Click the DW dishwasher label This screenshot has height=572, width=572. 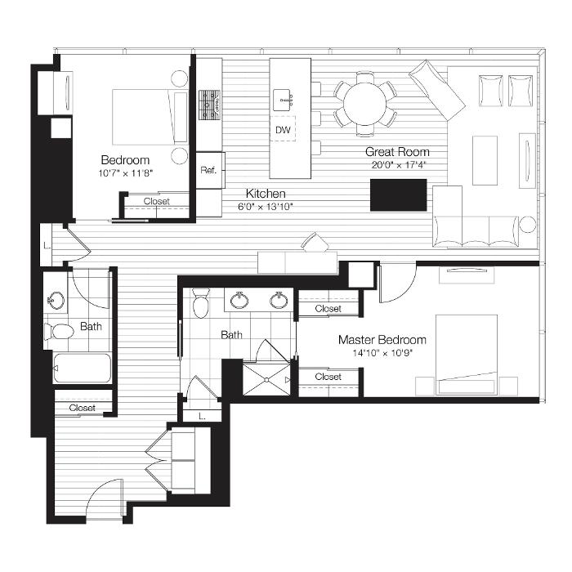pos(283,130)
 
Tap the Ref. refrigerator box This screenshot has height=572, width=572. pos(211,170)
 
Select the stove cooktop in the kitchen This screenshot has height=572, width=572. pos(210,105)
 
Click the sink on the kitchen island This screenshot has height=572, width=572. pos(283,99)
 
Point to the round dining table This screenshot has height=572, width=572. pos(364,104)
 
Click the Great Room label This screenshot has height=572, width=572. pos(397,152)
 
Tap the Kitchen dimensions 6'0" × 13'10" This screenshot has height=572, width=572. pos(266,207)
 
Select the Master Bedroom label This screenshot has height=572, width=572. pos(382,340)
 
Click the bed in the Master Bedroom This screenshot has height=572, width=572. pos(467,355)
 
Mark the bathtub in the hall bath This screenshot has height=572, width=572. pos(82,368)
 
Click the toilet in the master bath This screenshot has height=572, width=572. pos(201,303)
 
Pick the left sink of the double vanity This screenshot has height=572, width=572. pos(239,300)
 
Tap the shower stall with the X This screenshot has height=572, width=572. pos(267,379)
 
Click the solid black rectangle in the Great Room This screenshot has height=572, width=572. pos(399,194)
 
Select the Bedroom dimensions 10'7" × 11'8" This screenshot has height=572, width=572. pos(125,173)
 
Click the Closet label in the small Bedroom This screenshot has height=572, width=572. pos(157,201)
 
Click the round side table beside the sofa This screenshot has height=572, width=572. pos(528,224)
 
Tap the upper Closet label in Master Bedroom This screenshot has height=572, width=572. pos(328,309)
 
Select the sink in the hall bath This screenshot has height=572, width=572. pos(56,301)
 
